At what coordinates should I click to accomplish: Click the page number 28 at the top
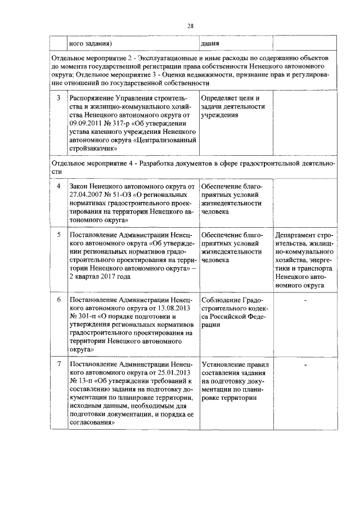190,26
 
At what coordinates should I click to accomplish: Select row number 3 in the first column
58,98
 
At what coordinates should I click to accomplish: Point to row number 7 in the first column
58,364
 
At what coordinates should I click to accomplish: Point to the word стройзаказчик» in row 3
93,148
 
